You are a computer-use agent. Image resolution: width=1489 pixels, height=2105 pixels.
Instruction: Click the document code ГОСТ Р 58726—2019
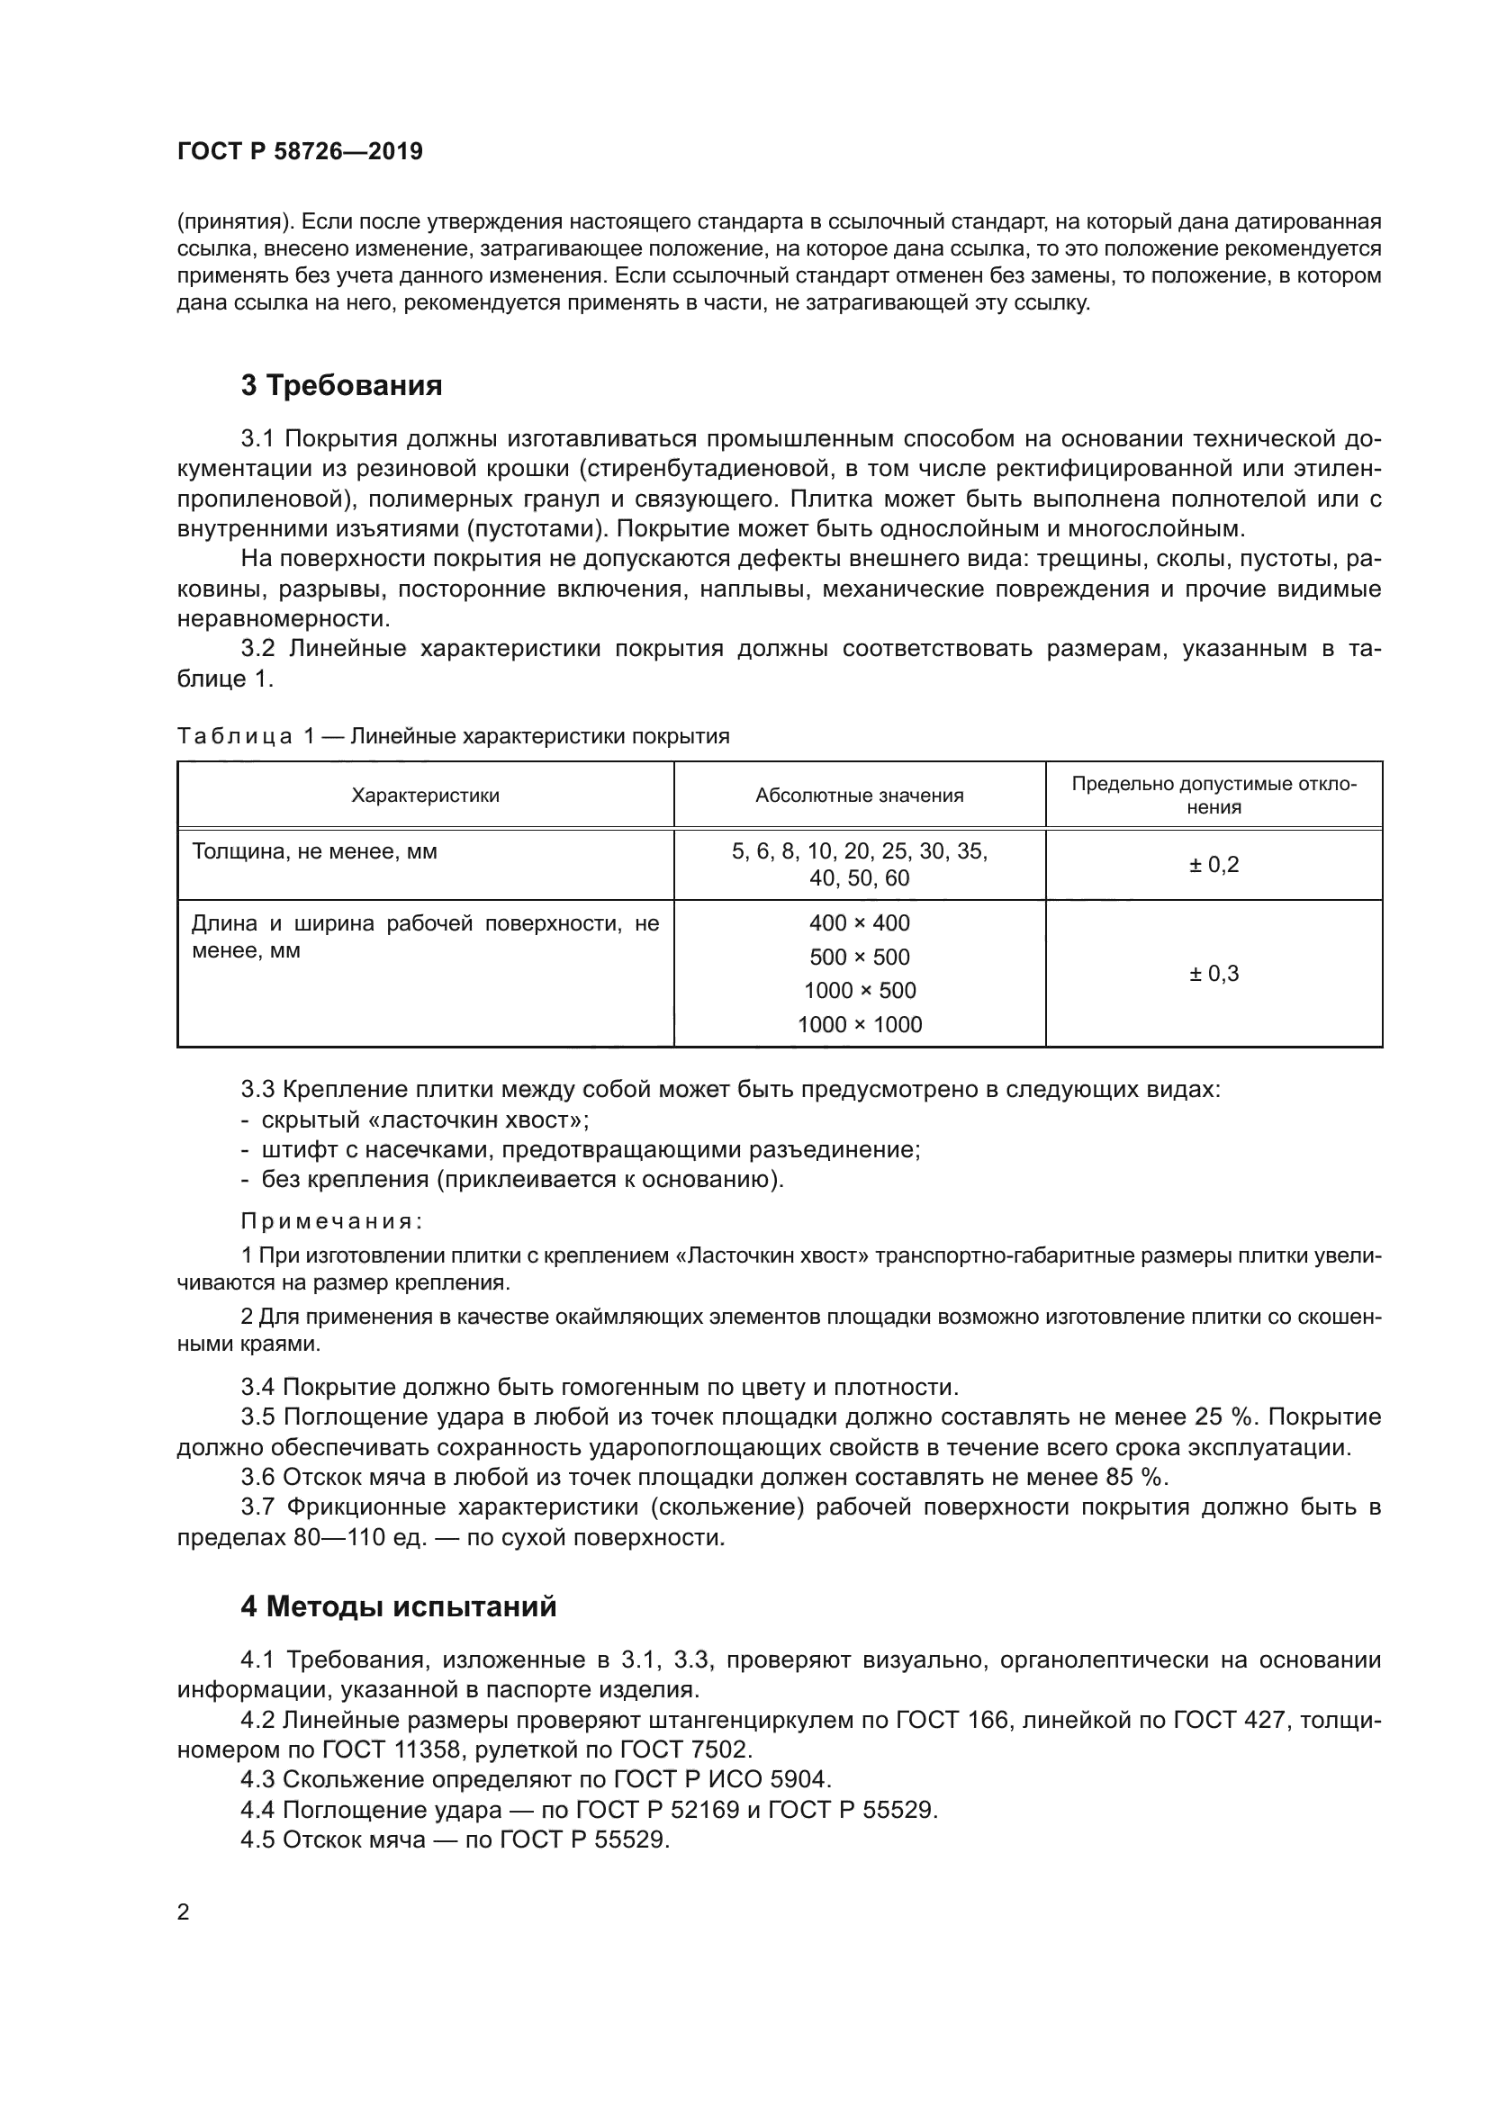click(x=300, y=151)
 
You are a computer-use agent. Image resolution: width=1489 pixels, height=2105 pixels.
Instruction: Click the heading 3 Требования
click(x=341, y=386)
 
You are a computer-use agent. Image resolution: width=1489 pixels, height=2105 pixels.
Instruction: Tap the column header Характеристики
click(x=426, y=796)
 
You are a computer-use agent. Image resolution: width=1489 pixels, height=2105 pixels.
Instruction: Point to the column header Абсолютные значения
click(x=859, y=796)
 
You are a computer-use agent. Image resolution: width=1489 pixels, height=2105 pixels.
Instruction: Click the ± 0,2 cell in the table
click(x=1213, y=865)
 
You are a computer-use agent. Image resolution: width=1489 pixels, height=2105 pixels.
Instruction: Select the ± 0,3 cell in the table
click(x=1213, y=974)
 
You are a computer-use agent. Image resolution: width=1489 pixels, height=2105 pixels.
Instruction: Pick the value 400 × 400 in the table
click(x=859, y=923)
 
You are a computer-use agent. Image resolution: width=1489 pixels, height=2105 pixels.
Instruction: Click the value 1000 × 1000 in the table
click(x=859, y=1025)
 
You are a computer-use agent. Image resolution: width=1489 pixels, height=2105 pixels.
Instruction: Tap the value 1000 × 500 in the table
click(x=859, y=991)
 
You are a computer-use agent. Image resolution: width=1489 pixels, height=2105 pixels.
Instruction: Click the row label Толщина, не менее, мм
click(x=314, y=851)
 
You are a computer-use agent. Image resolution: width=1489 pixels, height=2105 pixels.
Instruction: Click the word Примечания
click(x=331, y=1221)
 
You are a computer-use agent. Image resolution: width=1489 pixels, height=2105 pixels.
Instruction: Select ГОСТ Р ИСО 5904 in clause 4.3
click(x=722, y=1780)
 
